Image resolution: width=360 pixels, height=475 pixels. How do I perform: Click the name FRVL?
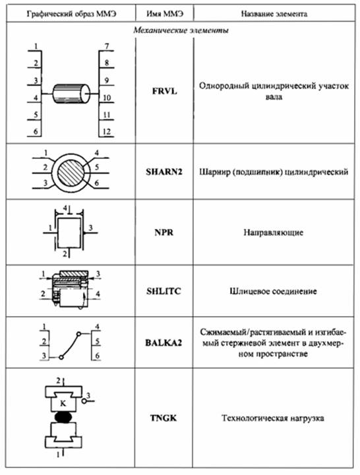tap(164, 91)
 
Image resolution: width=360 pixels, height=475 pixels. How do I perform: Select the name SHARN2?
tap(164, 172)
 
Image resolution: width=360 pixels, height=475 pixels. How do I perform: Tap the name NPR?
tap(164, 232)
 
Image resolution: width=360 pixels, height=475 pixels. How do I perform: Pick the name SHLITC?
tap(164, 291)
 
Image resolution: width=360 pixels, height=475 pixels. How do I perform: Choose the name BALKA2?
tap(164, 342)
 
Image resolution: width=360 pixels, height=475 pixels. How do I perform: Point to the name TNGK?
tap(164, 418)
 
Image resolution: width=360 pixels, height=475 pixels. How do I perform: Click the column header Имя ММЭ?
tap(165, 14)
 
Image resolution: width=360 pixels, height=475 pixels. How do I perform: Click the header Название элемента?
tap(274, 14)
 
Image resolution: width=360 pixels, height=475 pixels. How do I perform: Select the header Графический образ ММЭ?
tap(71, 14)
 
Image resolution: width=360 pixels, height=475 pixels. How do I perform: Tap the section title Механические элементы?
tap(181, 30)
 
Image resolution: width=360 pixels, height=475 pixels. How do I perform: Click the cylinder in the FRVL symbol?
tap(71, 94)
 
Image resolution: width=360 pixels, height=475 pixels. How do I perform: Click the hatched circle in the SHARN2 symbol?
tap(71, 172)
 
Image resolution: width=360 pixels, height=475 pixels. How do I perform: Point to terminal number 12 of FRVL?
tap(107, 132)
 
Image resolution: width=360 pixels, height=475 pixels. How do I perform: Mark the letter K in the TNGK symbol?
tap(63, 403)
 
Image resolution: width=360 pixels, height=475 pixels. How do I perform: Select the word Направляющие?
tap(274, 233)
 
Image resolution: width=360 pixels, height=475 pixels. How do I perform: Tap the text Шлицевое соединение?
tap(274, 292)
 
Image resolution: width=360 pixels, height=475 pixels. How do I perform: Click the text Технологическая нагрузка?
tap(273, 418)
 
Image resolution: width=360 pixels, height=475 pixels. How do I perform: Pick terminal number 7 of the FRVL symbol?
tap(107, 46)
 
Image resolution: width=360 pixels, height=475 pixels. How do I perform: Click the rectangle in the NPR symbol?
tap(69, 232)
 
